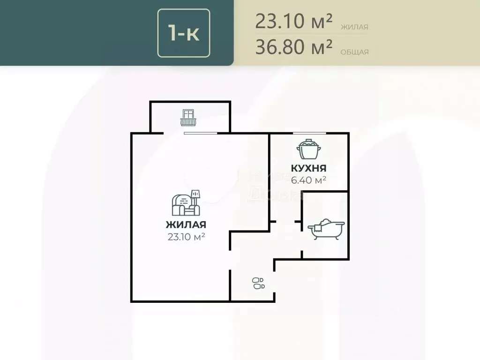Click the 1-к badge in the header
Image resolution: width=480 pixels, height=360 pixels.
coord(184,33)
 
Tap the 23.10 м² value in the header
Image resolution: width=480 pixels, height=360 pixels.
coord(294,21)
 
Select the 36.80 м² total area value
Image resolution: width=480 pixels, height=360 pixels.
coord(294,47)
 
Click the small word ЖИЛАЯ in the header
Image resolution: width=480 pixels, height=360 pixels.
coord(354,27)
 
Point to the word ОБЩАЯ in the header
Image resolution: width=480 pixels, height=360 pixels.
coord(354,52)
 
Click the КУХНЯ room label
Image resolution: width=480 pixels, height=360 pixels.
coord(308,168)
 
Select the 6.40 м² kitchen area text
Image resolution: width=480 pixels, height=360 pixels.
coord(308,180)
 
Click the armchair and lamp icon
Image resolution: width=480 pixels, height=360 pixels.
coord(186,202)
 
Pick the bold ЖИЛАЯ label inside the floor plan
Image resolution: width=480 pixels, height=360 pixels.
coord(186,225)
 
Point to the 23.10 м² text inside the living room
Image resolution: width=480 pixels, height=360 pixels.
coord(186,237)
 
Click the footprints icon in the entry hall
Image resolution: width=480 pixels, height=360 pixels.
coord(258,283)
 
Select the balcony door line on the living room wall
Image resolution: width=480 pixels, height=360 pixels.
coord(201,134)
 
